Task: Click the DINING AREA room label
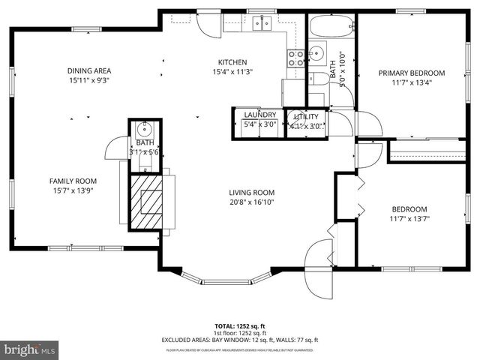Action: click(89, 71)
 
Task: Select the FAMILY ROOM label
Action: click(73, 181)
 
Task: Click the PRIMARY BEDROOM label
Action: click(411, 73)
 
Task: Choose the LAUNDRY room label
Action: click(260, 115)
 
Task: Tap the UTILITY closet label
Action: click(306, 116)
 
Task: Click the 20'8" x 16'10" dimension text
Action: click(251, 201)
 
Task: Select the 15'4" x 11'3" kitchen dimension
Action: click(232, 72)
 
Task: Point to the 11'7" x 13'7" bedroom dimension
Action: click(409, 219)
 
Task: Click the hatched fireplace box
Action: click(147, 198)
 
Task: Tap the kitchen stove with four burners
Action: click(295, 58)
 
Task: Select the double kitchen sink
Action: click(261, 22)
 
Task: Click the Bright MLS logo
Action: click(30, 349)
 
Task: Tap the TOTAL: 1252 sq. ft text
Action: click(240, 326)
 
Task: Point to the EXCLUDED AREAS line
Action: click(240, 340)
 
